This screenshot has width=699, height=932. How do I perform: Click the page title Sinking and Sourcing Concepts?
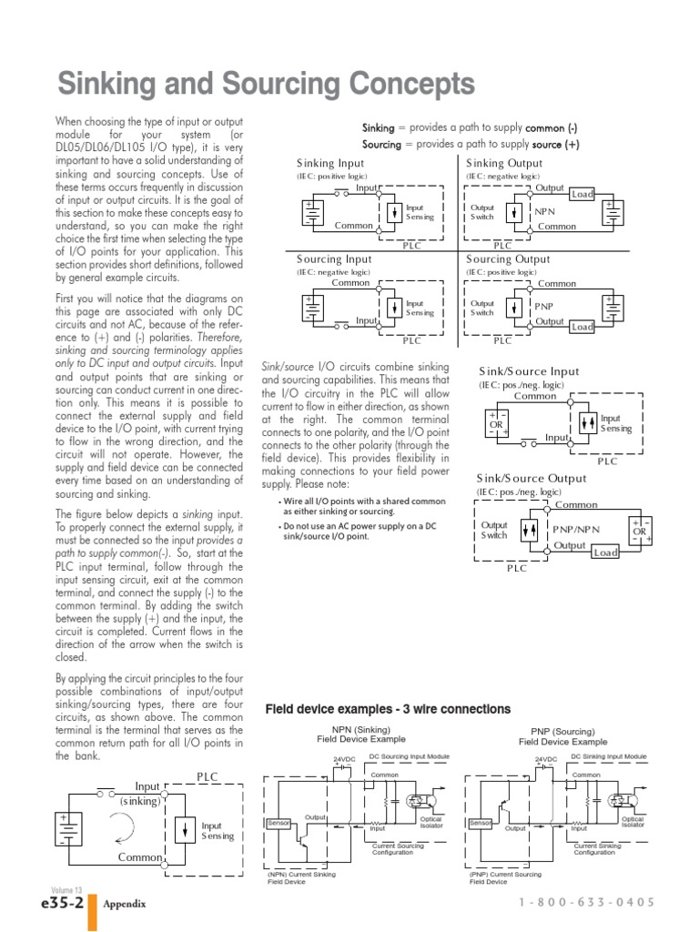click(266, 86)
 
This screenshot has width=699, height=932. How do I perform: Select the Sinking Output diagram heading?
click(504, 163)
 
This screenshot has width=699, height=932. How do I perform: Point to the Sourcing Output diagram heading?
click(508, 259)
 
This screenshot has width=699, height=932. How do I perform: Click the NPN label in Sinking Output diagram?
click(546, 210)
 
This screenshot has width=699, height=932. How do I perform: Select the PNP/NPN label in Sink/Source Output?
click(576, 529)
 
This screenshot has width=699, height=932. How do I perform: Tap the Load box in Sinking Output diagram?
click(582, 194)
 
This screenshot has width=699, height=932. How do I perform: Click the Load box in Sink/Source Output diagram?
click(605, 552)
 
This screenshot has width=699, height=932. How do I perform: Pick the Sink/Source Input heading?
click(529, 371)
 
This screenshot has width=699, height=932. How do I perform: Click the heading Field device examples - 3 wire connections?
click(388, 709)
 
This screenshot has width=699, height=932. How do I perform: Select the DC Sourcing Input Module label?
click(409, 756)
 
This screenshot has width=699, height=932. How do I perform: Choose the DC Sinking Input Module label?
click(609, 756)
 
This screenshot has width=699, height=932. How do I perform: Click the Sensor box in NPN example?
click(278, 823)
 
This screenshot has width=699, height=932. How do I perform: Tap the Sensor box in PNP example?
click(480, 823)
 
